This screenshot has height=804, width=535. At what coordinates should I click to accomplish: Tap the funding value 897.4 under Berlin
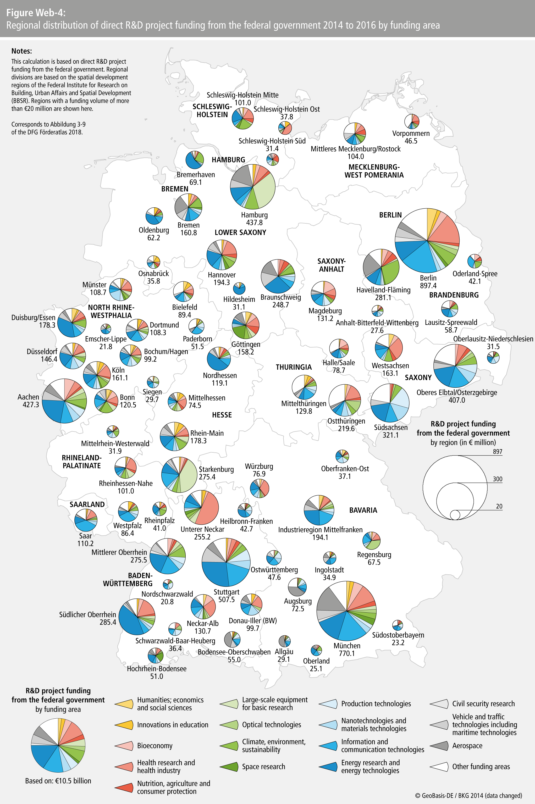428,286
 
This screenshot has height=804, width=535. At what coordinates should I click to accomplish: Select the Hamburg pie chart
253,187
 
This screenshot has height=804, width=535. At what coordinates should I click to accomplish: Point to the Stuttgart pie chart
226,562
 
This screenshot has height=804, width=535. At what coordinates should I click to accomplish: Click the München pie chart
346,611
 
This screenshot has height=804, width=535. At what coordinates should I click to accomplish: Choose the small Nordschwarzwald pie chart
168,584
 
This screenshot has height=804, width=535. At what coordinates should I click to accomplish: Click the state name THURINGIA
294,367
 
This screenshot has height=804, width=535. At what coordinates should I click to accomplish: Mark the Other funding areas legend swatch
439,767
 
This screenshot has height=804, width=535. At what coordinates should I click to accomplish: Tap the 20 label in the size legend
499,506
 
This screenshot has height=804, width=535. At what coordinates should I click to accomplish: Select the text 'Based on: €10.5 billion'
58,781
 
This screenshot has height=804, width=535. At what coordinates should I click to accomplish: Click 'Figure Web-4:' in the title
36,13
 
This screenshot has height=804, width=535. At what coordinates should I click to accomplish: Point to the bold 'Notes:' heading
21,51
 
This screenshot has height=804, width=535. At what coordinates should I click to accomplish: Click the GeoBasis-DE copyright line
468,795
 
